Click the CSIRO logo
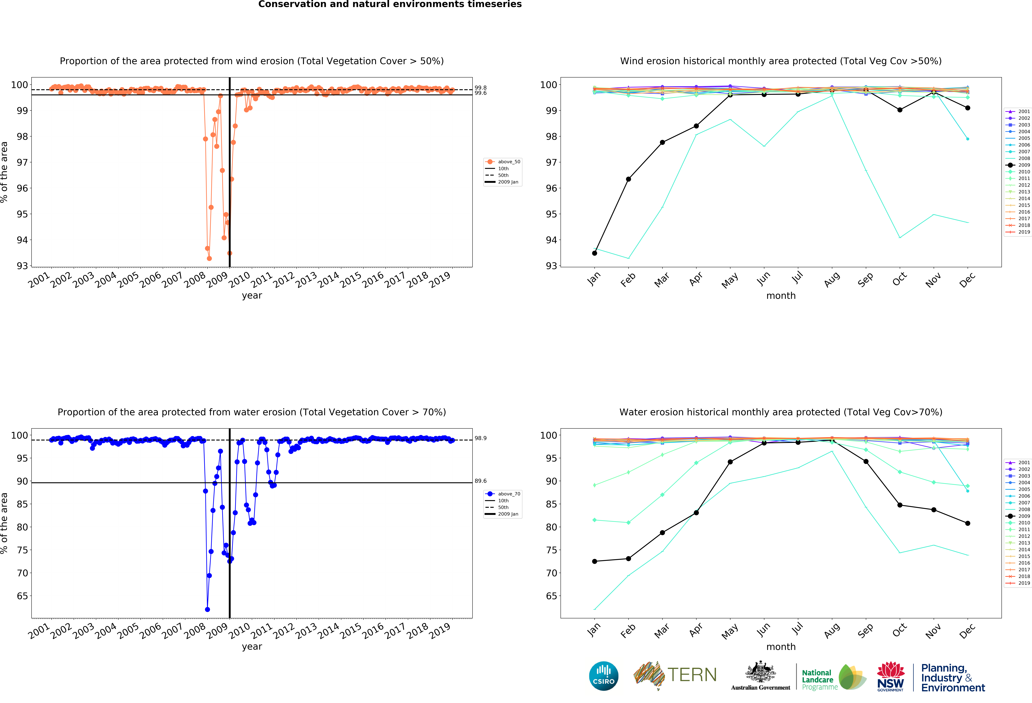click(x=603, y=676)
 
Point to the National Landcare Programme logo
click(x=833, y=677)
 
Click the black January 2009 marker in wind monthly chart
click(x=595, y=253)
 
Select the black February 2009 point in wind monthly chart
click(x=628, y=179)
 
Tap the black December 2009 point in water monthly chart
click(x=968, y=523)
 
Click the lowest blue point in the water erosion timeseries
click(x=207, y=609)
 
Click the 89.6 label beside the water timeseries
click(x=480, y=481)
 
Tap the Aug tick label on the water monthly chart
click(x=832, y=630)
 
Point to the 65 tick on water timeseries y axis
click(x=22, y=596)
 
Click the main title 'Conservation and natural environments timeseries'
click(x=390, y=4)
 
